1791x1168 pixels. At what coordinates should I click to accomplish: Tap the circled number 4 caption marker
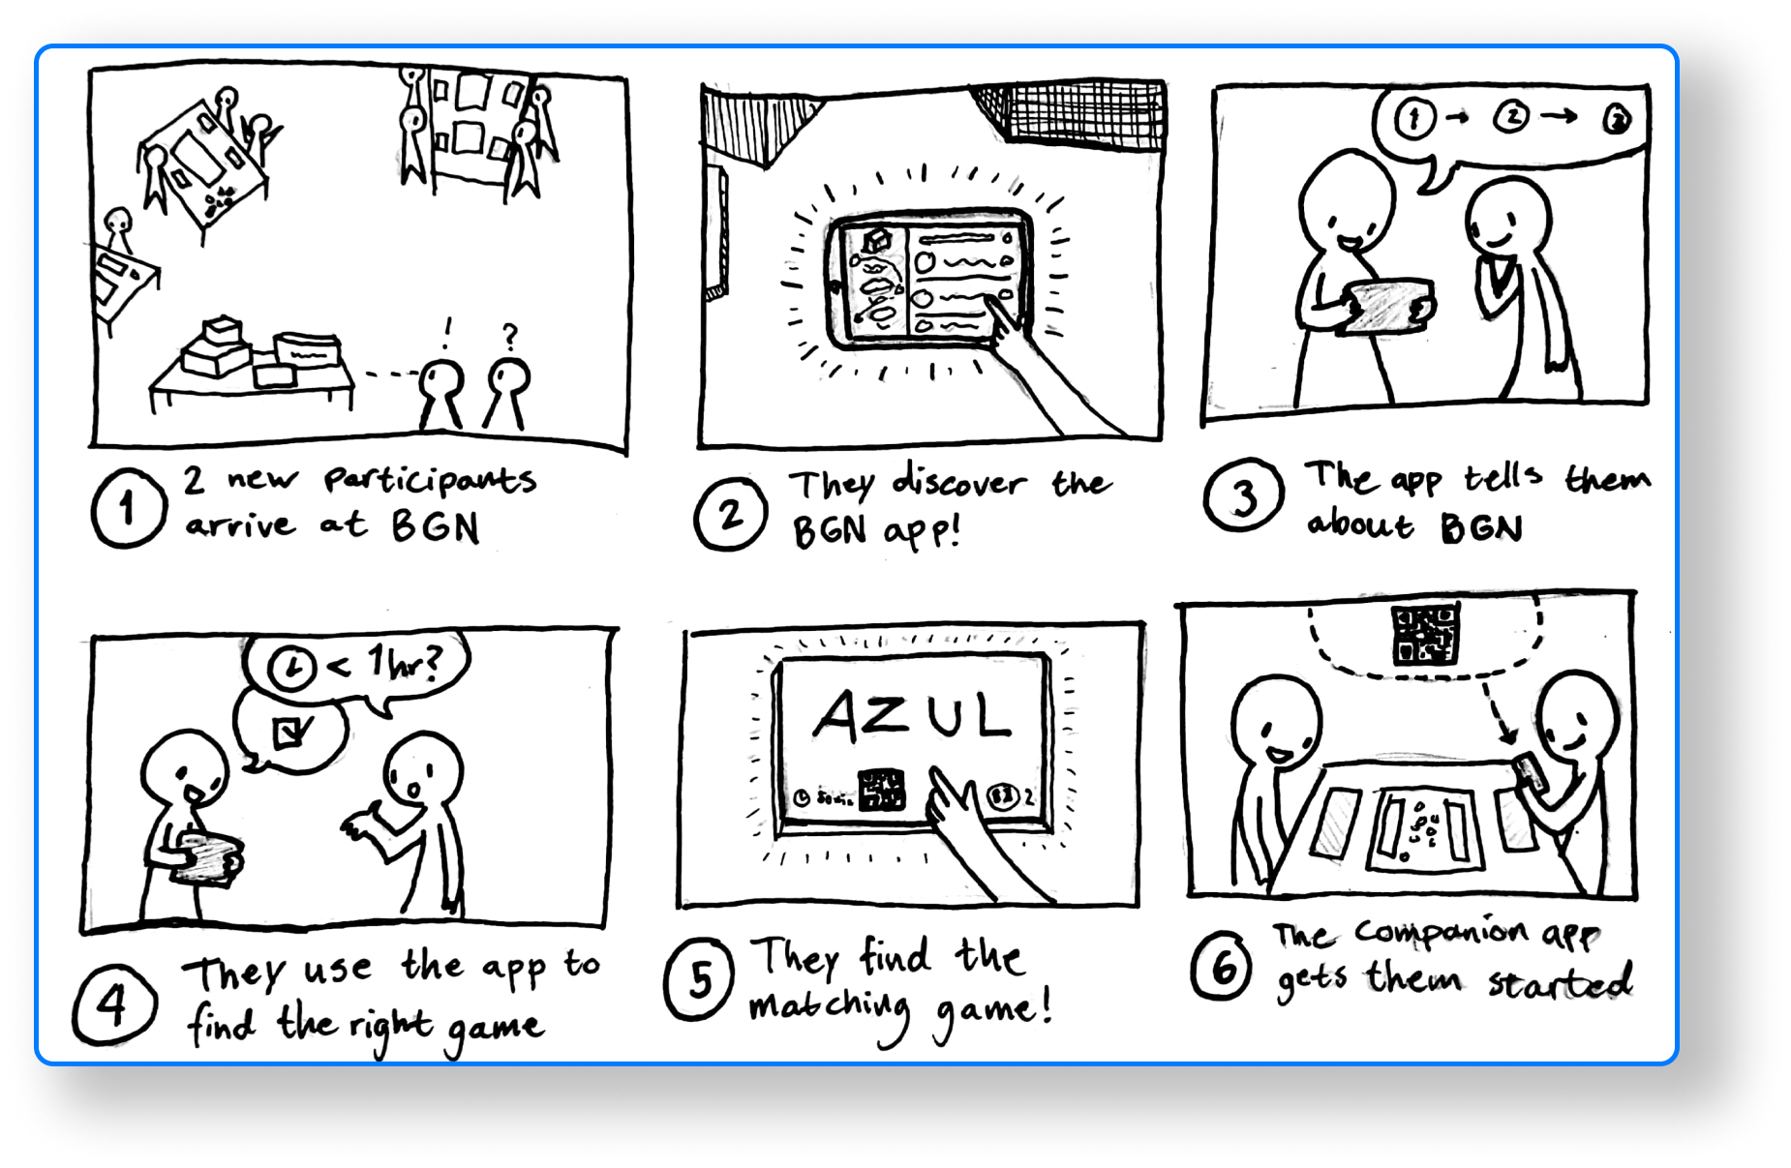tap(112, 1006)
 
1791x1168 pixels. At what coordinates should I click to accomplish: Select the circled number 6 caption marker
tap(1223, 967)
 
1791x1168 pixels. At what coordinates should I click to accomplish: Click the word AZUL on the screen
tap(912, 717)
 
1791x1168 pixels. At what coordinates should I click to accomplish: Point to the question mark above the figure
tap(510, 336)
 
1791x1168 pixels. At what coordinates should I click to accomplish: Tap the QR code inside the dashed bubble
tap(1424, 634)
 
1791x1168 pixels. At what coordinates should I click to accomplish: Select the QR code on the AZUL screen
tap(881, 790)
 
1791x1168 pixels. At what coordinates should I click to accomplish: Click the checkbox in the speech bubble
tap(290, 733)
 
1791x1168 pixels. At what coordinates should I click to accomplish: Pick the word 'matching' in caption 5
tap(830, 1009)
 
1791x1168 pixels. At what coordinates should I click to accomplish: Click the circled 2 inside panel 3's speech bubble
tap(1511, 118)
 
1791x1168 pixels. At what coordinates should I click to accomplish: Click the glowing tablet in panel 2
tap(927, 279)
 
